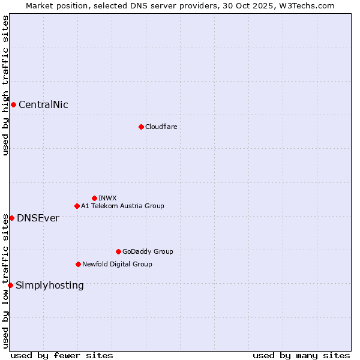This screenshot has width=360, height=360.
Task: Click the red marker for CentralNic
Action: [x=13, y=105]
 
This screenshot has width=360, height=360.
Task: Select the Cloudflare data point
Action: [x=141, y=127]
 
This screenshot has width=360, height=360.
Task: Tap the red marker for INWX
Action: [x=94, y=198]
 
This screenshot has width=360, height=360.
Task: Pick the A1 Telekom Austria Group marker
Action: [x=77, y=206]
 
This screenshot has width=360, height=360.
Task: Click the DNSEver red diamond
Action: [x=11, y=218]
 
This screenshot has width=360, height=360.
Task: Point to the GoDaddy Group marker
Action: [x=118, y=251]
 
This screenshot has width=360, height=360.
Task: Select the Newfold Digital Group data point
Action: [x=78, y=264]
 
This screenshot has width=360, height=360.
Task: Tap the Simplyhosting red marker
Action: [x=10, y=285]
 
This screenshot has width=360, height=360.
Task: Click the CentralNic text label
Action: [x=43, y=105]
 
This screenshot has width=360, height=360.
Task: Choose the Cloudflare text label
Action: [x=161, y=127]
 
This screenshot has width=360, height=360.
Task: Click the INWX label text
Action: [x=107, y=198]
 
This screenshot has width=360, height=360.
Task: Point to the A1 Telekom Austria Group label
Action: [x=122, y=206]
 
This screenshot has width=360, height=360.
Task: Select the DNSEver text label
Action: [x=38, y=218]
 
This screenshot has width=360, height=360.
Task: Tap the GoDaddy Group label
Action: [x=148, y=251]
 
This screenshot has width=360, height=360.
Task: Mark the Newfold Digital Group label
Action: [x=117, y=264]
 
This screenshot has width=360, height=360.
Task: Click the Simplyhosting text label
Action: [x=50, y=285]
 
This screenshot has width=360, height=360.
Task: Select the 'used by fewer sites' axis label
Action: [x=62, y=355]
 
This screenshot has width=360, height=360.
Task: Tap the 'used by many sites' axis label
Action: [x=301, y=355]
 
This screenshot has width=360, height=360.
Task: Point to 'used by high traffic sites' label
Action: [x=5, y=85]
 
